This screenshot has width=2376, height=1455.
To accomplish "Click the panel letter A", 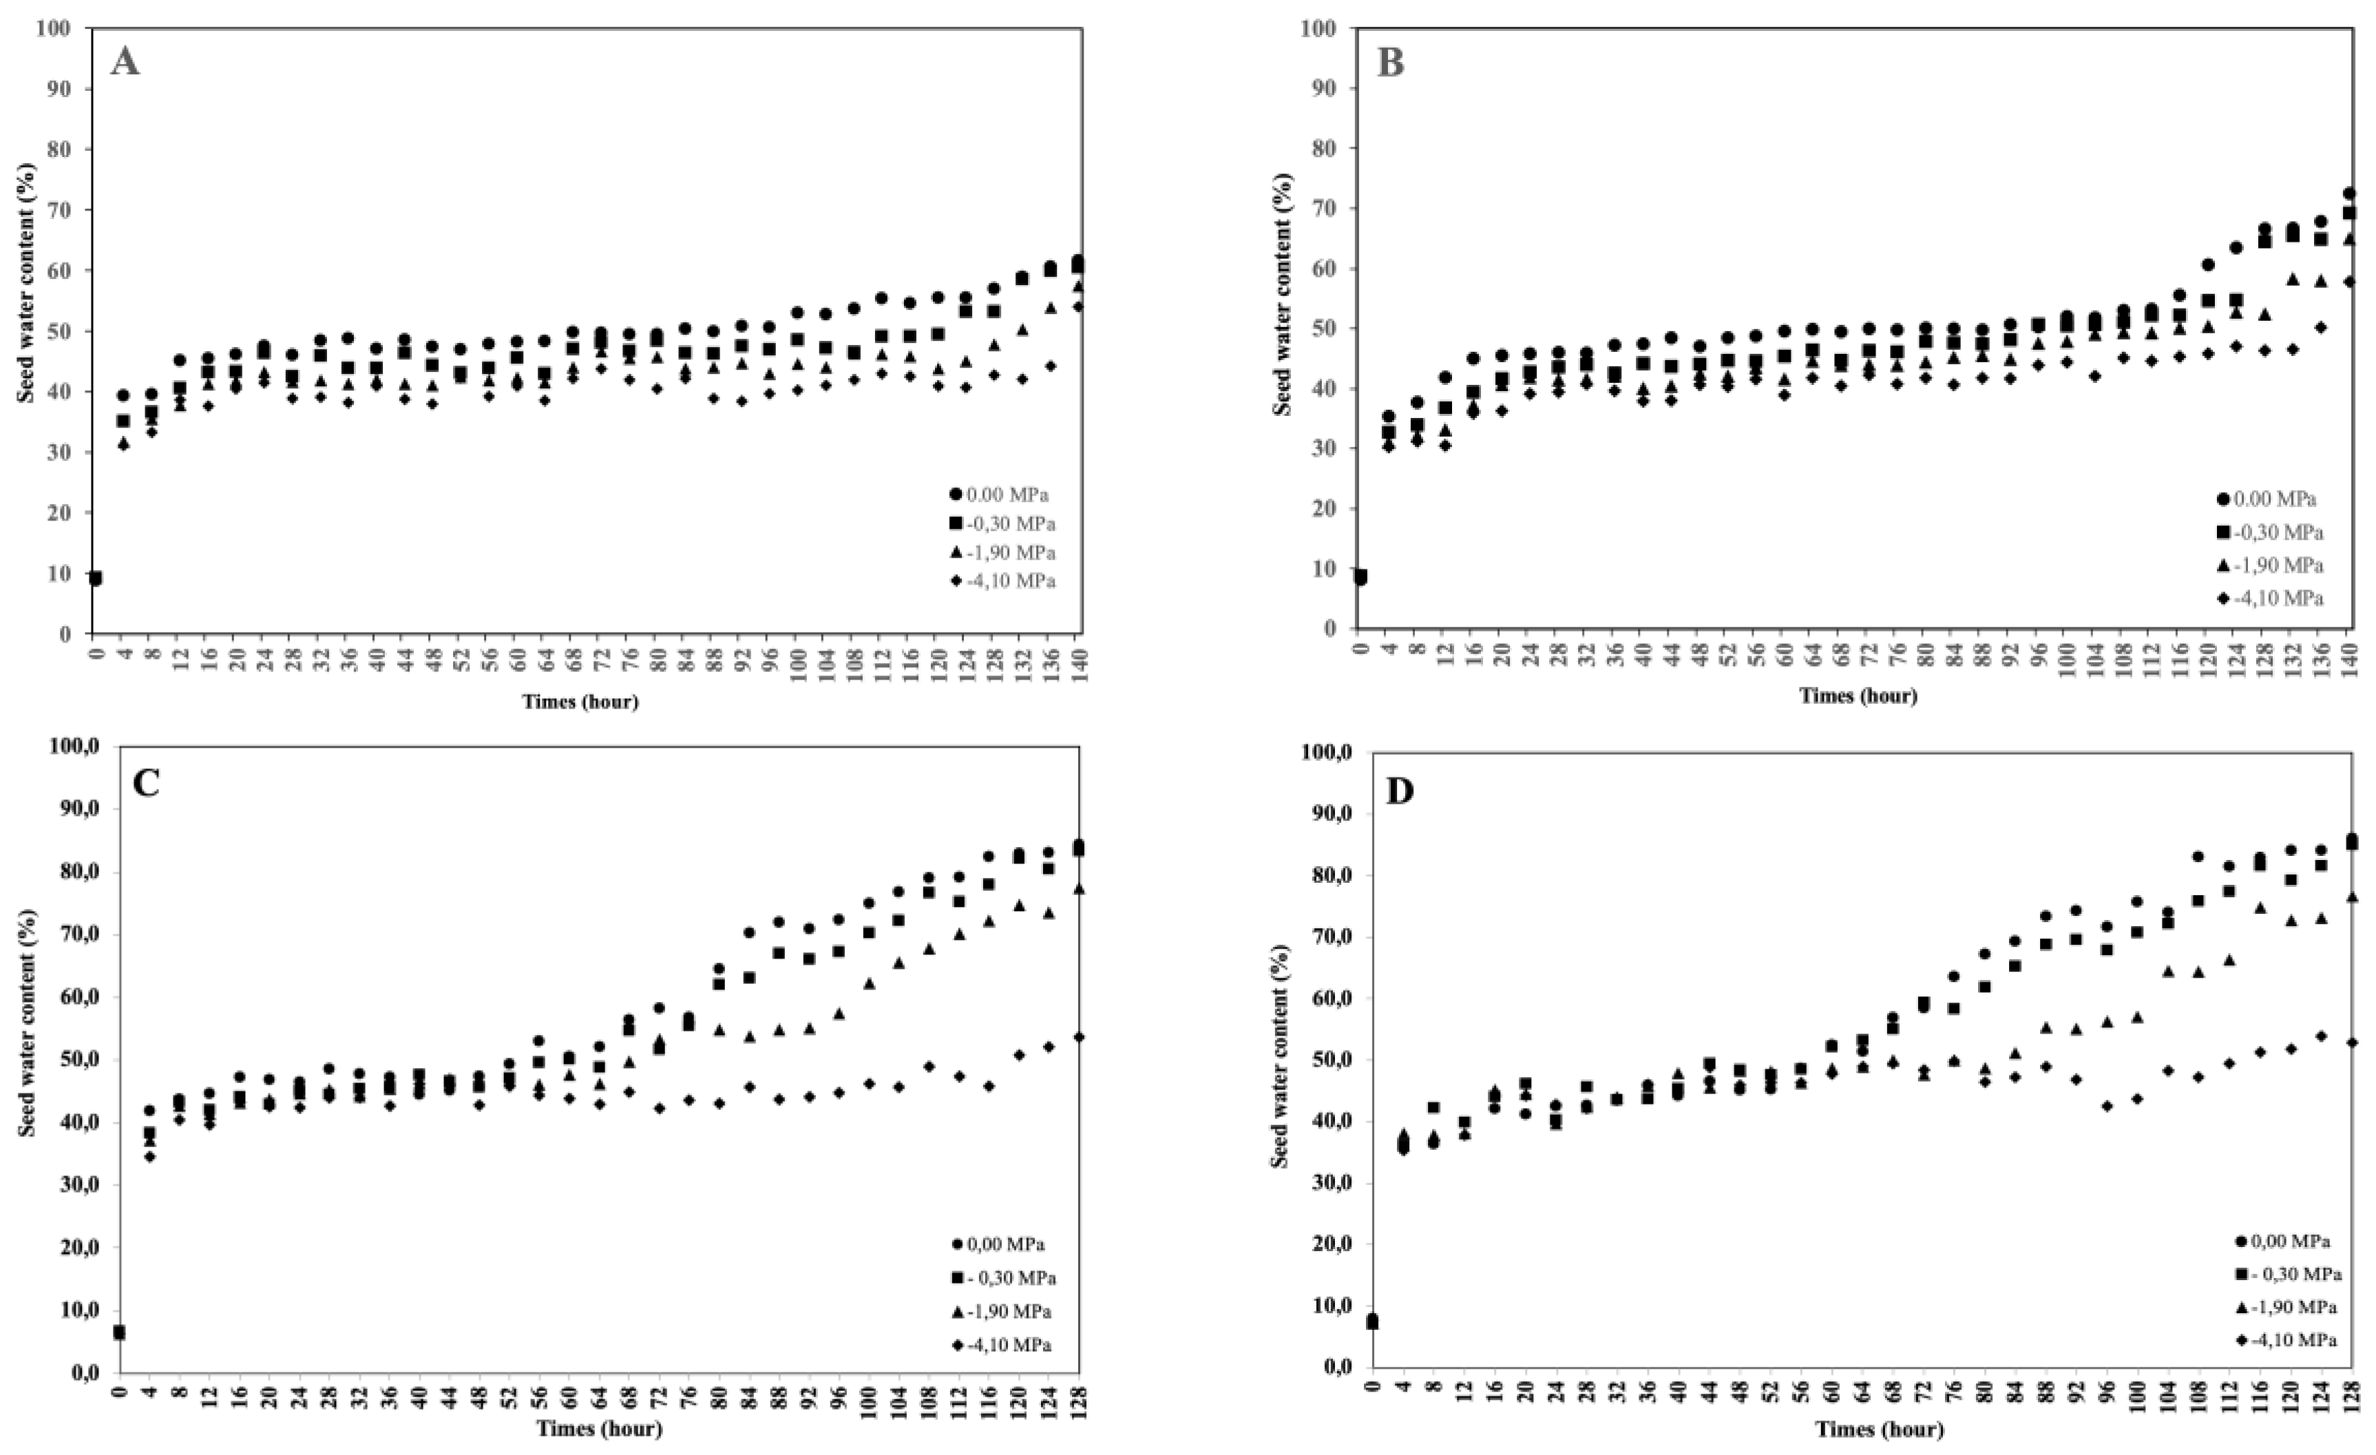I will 125,63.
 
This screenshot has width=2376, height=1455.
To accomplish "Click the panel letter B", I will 1391,63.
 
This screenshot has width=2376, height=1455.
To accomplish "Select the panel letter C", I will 145,784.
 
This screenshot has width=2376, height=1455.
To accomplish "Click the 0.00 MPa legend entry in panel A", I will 998,494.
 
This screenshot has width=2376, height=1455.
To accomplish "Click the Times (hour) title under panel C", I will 599,1429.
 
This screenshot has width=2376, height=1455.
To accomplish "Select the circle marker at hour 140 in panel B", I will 2350,193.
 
